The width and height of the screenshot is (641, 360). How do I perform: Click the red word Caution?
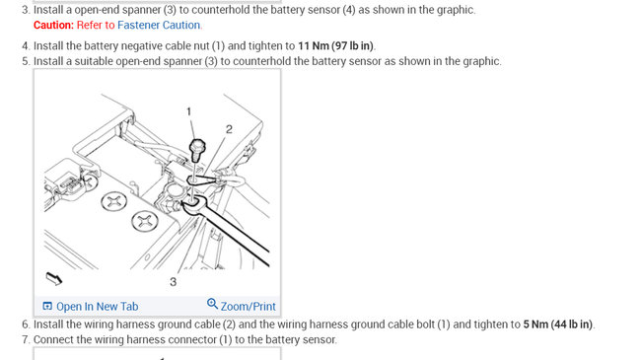coord(53,25)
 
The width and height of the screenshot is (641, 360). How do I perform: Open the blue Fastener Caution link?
coord(159,25)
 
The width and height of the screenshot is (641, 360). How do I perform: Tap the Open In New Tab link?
coord(98,307)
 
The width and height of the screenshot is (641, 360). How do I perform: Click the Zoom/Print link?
coord(249,307)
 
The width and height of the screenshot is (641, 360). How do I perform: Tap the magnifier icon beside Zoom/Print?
coord(212,304)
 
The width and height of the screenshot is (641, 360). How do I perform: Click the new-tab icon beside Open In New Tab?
coord(47,306)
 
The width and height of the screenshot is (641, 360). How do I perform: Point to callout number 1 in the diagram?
coord(189,111)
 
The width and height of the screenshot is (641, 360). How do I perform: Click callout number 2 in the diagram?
coord(229,129)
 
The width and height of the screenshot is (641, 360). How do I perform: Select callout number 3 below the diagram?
coord(174,282)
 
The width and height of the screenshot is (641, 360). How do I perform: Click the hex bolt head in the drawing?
coord(197,147)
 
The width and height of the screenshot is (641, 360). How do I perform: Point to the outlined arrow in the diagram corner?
coord(54,278)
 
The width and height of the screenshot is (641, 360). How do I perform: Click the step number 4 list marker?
coord(27,45)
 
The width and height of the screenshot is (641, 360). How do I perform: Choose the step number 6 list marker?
coord(27,324)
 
